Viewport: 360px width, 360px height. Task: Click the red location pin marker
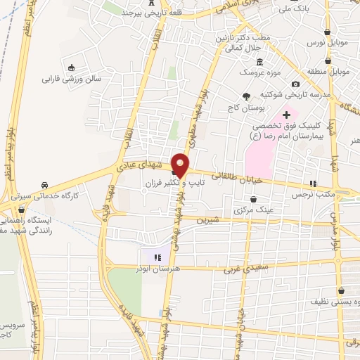(x=181, y=165)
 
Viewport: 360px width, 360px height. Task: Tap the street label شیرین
(x=208, y=220)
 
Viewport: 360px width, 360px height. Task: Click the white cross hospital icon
(x=285, y=115)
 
